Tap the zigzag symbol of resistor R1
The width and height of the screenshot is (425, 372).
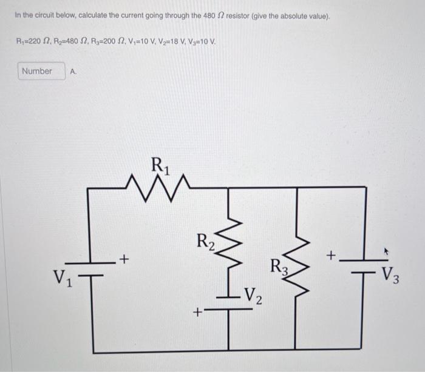[159, 181]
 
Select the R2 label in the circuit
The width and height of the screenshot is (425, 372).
[206, 241]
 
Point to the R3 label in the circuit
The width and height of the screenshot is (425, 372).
[278, 267]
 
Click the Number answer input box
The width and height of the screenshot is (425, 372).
[36, 71]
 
